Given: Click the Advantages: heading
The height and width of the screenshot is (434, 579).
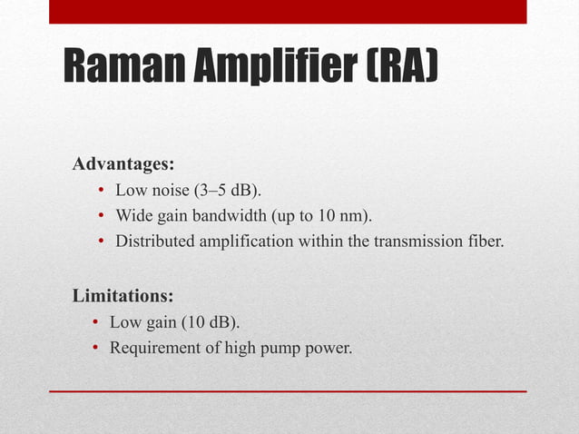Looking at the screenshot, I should click(123, 165).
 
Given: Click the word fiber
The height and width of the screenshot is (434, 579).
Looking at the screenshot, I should click(484, 242).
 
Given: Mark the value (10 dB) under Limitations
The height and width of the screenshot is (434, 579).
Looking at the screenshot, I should click(213, 321).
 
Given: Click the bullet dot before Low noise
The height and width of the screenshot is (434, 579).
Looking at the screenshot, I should click(102, 192).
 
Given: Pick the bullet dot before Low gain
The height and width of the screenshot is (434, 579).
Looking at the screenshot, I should click(96, 322).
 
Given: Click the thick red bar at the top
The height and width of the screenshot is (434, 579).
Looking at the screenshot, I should click(288, 11).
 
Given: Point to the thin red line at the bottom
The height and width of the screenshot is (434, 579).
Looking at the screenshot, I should click(288, 391).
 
